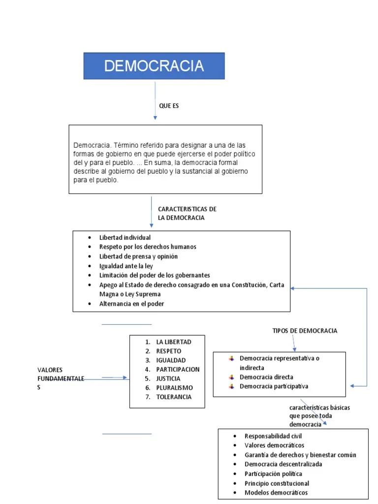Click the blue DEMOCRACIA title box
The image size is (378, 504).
pos(154,66)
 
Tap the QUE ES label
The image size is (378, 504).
pos(168,106)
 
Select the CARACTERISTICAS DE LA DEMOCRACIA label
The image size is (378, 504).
pos(187,214)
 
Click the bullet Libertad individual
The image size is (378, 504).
pos(125,238)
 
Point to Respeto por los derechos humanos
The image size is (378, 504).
pos(148,247)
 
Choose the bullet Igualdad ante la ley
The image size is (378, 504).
pos(126,266)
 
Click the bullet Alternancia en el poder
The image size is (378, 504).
pos(131,304)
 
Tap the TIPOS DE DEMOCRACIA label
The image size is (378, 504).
pos(305,331)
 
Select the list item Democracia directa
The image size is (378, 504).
pos(266,377)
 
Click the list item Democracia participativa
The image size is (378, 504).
pos(274,386)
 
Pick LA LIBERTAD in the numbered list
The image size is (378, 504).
pos(173,342)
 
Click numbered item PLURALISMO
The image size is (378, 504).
pos(174,388)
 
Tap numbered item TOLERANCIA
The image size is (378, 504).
pos(174,397)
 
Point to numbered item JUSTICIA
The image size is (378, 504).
pos(168,378)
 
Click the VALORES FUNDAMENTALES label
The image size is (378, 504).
pos(60,378)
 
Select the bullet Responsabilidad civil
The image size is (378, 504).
pos(273,436)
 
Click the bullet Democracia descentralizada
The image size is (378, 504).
pos(283,464)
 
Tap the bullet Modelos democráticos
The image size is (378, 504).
pos(276,492)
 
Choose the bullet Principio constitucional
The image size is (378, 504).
pos(277,483)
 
